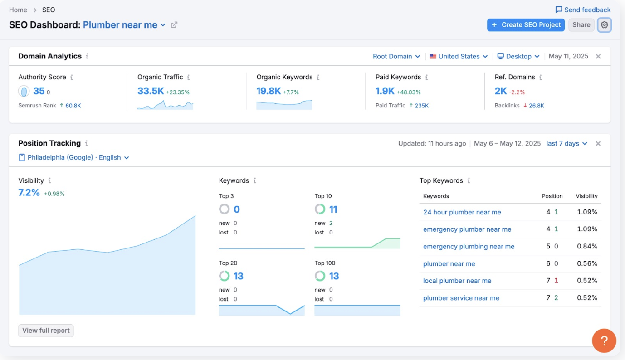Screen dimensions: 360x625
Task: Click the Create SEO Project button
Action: point(526,25)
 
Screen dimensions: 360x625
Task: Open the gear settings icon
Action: point(604,25)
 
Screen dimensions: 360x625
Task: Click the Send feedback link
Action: point(583,10)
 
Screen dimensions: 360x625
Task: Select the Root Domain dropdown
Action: point(396,56)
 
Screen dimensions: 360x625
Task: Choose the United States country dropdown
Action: point(459,56)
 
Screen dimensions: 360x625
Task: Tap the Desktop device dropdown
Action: point(518,56)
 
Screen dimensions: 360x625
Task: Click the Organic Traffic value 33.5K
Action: point(151,91)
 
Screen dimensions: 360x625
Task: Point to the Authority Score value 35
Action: point(39,91)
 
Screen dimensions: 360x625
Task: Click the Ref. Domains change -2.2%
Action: point(517,92)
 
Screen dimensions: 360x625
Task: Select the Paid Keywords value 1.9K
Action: point(385,91)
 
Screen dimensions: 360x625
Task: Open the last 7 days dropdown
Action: point(566,143)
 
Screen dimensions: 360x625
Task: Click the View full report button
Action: point(46,331)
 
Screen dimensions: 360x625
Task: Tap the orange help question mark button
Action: point(604,341)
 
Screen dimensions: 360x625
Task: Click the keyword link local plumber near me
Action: point(457,281)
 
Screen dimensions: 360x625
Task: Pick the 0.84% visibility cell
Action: point(587,246)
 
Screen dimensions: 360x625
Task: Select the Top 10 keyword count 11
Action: point(333,209)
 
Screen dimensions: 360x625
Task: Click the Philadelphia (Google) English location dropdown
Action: point(73,157)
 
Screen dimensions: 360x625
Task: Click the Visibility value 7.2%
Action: point(29,193)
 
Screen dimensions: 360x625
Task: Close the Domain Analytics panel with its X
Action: point(598,56)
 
